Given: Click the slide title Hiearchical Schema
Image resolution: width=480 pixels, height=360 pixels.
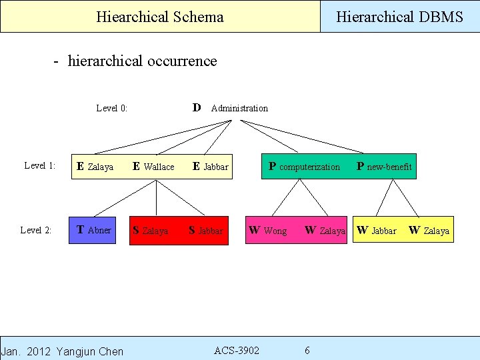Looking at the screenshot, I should [160, 17].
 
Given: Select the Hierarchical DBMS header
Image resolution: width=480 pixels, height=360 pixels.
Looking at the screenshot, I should [399, 17].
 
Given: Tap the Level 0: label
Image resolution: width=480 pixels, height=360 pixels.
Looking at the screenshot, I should [112, 108].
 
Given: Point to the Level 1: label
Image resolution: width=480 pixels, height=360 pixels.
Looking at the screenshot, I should [39, 165].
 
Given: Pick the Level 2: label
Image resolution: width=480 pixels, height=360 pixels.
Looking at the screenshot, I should [36, 230].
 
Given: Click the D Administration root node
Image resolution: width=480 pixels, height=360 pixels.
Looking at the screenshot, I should [230, 107].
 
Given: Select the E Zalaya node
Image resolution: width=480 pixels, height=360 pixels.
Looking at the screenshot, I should [95, 167].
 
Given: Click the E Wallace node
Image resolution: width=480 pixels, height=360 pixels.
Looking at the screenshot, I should [153, 167].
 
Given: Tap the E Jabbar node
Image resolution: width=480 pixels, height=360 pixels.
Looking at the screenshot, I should [210, 167].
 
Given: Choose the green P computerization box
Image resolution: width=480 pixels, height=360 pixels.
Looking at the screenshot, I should [304, 167].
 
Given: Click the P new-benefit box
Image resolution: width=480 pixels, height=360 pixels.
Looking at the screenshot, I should [384, 167].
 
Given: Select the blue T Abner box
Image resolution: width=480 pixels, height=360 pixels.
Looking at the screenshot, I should [94, 230].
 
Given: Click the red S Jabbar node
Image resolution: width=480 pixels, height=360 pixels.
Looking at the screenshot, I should [206, 231].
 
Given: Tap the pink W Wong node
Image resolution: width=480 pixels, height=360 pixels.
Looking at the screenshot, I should [267, 231].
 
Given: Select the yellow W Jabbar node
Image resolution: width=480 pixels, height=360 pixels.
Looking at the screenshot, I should [377, 231].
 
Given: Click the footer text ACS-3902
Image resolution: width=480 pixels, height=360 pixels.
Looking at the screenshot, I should [237, 351].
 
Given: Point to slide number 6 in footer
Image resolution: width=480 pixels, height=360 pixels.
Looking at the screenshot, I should [307, 351].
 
